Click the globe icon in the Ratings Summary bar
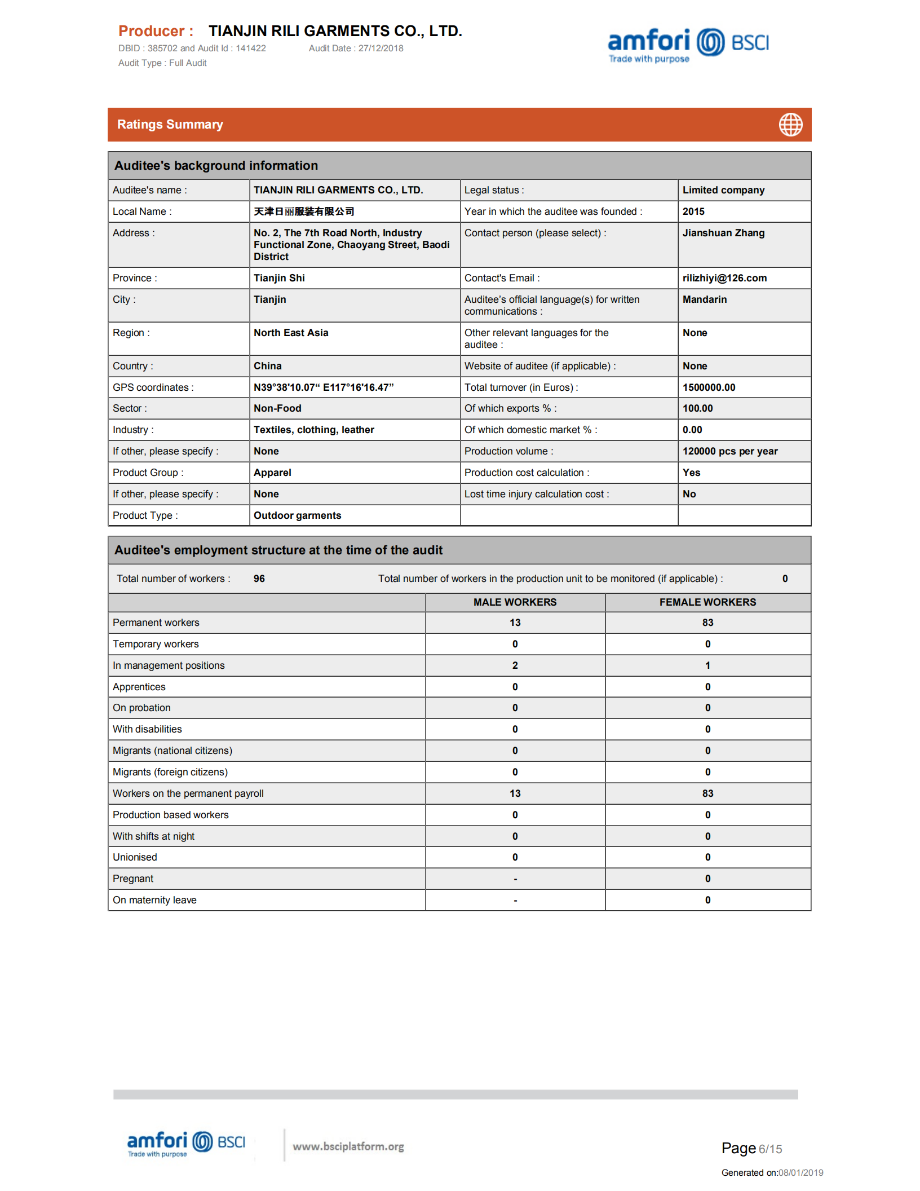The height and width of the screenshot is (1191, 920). (790, 125)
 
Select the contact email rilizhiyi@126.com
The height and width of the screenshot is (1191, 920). (724, 278)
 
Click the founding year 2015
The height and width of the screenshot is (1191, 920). (693, 211)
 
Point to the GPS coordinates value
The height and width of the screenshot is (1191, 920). (324, 387)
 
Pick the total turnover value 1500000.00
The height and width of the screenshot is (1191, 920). (709, 387)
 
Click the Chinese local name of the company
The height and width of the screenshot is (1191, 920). (304, 211)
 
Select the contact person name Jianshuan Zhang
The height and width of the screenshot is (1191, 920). (723, 233)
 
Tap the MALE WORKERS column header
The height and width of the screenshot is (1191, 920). (515, 602)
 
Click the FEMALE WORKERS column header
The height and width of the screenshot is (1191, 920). (707, 602)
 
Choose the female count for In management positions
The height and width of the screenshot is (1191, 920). (707, 665)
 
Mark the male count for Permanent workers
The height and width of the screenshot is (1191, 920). (515, 623)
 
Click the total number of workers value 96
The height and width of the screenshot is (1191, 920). (259, 579)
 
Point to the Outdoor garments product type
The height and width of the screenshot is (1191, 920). (297, 515)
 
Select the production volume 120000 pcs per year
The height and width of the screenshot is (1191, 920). (730, 451)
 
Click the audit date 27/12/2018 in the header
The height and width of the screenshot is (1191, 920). (381, 48)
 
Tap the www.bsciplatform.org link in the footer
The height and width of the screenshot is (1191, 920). (348, 1146)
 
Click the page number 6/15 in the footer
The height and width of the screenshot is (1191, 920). (770, 1149)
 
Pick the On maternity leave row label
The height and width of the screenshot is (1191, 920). (154, 900)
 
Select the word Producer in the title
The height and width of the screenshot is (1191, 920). (151, 31)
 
